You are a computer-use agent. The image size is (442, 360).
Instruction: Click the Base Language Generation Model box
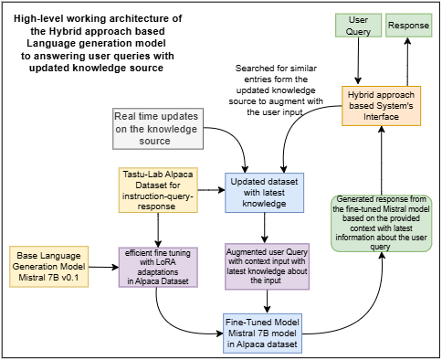pos(47,265)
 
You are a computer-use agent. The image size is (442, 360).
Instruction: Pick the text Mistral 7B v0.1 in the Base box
pos(47,279)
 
